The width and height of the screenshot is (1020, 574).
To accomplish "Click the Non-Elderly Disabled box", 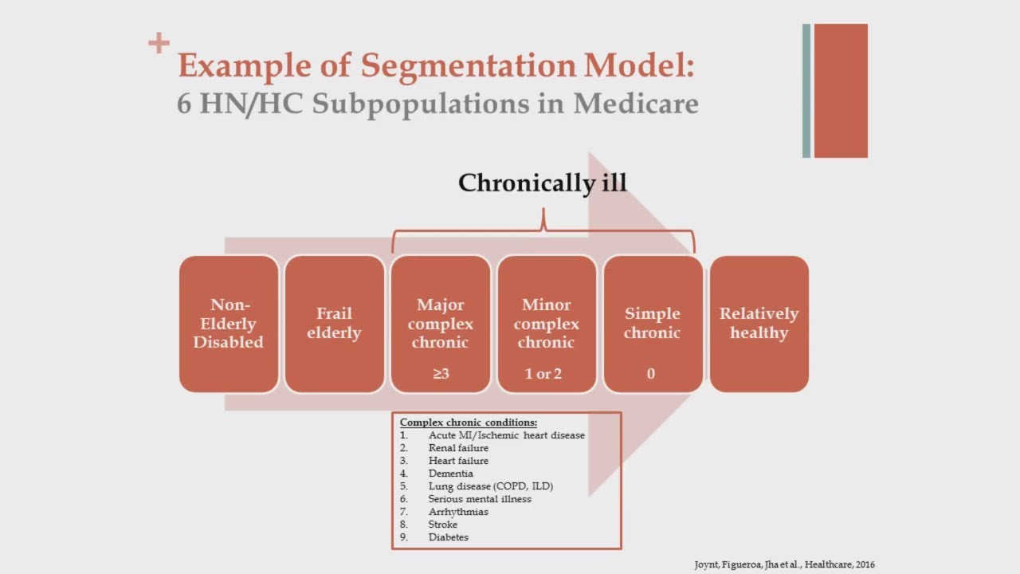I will coord(229,324).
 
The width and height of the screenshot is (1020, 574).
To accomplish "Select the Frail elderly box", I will coord(334,324).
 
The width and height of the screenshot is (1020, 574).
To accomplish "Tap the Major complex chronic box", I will coord(440,324).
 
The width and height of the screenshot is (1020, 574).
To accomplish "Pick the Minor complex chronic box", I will coord(547,324).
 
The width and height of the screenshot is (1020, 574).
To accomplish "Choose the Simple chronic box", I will coord(653,324).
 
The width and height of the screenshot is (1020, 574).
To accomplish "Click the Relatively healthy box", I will coord(759,324).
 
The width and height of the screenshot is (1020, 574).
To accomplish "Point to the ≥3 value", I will coord(441,373).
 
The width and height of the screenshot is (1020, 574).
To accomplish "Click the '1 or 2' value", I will coord(543,373).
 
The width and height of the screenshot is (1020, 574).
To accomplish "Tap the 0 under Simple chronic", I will coord(651,373).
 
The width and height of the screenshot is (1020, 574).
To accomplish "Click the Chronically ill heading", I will coord(543,183).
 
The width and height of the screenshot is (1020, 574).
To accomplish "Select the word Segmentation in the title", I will coord(467,65).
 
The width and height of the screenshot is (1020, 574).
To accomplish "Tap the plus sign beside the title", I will coord(159,43).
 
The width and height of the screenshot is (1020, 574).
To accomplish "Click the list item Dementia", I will coord(450,474).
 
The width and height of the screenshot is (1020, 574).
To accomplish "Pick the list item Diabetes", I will coord(448,537).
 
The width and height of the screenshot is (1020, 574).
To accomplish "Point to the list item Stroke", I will coord(443,525).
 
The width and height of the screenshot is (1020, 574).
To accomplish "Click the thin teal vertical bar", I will coord(806,91).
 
